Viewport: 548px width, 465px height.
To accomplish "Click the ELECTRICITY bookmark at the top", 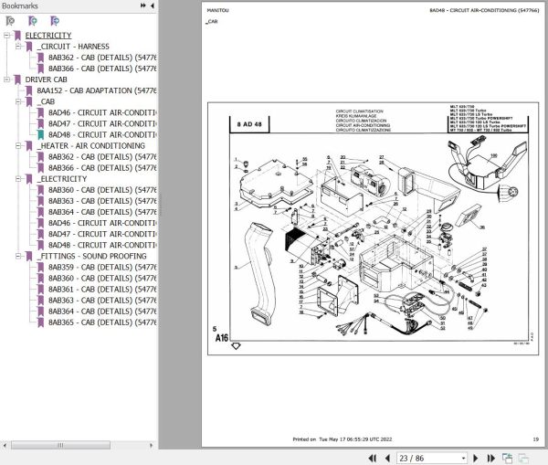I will (x=47, y=36).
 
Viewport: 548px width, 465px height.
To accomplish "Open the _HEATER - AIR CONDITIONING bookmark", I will (x=91, y=145).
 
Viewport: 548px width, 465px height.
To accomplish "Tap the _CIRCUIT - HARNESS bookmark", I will (x=74, y=47).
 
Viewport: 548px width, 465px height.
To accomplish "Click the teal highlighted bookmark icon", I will (x=40, y=135).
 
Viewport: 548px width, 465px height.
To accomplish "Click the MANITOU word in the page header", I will (x=215, y=11).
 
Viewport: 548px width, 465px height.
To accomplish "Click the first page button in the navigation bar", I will (x=372, y=458).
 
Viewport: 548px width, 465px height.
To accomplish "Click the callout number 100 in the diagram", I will (x=495, y=156).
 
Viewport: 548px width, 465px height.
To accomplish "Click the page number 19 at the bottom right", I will (x=535, y=440).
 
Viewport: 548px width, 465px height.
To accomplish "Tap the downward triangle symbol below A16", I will (x=236, y=346).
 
